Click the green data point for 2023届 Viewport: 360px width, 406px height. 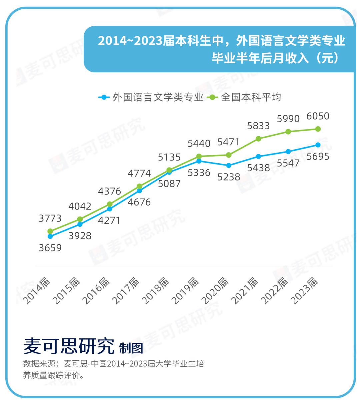pos(318,129)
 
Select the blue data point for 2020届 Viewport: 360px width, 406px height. pos(229,165)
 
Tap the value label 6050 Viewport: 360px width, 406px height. pos(318,116)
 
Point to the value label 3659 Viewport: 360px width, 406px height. pos(50,248)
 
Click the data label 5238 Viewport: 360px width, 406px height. pos(229,177)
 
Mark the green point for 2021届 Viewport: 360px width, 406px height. pos(258,139)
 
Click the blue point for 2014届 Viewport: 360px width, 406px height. pos(50,236)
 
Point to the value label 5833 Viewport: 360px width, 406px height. pos(258,126)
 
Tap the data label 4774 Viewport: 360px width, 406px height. pos(139,174)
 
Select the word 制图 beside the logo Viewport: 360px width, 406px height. pos(131,348)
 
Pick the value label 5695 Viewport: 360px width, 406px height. pos(318,157)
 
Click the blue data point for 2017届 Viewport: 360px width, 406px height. pos(139,191)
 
